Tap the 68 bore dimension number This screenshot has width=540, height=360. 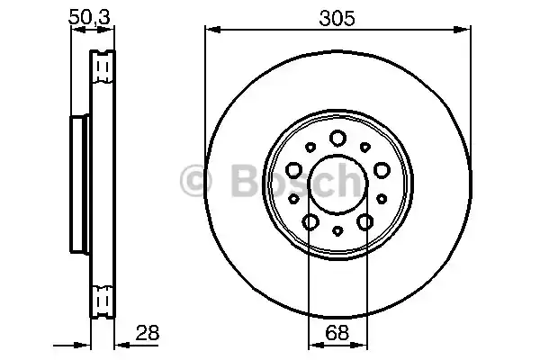pos(337,332)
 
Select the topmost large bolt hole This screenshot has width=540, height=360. pos(337,138)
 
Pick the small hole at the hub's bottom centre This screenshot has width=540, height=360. pos(337,231)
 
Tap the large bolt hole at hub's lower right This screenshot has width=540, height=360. pos(365,221)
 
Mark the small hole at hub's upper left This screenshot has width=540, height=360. pos(310,147)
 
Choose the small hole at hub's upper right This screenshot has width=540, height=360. pos(365,147)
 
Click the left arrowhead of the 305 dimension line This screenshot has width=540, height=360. pos(210,31)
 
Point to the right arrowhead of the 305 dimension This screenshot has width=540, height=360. pos(464,31)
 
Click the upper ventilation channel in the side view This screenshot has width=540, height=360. pos(104,67)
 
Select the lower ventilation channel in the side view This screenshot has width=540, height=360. pos(104,298)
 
